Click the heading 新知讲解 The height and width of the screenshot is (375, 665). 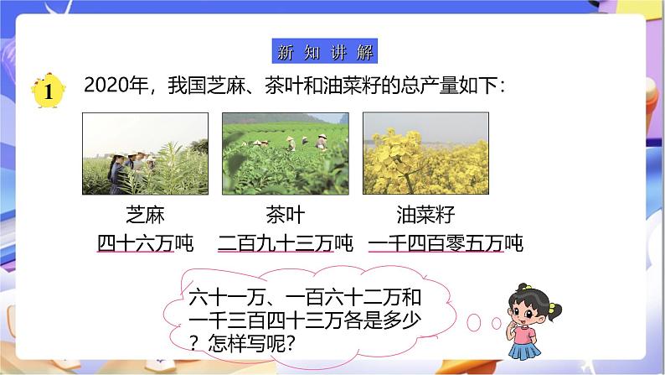(325, 50)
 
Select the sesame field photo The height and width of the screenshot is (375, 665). (146, 154)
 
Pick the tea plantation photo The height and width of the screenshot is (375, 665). (286, 154)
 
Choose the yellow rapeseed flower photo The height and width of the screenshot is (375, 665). (425, 154)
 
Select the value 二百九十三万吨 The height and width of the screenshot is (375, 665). (286, 243)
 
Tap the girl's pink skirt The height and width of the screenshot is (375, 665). (524, 339)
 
